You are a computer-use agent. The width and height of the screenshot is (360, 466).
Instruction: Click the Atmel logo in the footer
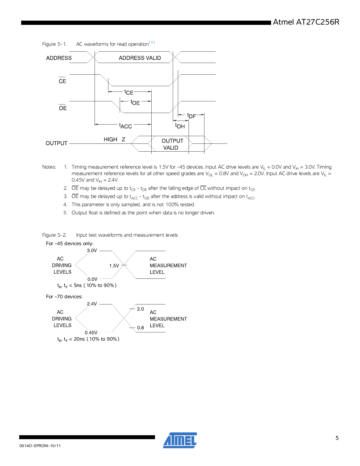(180, 440)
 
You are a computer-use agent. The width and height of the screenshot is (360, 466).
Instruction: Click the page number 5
(337, 438)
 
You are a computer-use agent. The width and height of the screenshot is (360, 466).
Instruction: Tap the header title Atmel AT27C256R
(306, 22)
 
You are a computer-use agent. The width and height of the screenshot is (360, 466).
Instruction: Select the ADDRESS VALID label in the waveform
(140, 58)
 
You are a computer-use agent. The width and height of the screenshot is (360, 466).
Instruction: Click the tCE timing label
(129, 92)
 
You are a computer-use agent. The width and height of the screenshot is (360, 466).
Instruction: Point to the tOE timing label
(135, 102)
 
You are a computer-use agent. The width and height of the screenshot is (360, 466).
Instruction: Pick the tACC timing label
(126, 126)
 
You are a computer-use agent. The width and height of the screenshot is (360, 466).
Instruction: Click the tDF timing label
(191, 116)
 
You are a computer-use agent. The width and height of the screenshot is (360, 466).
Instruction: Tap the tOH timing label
(180, 126)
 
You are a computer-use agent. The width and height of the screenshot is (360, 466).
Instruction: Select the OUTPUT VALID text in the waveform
(172, 144)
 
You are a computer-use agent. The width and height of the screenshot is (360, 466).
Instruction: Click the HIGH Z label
(114, 140)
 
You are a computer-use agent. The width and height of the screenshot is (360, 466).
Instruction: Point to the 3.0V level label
(92, 251)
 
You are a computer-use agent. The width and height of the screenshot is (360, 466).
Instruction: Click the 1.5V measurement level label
(114, 266)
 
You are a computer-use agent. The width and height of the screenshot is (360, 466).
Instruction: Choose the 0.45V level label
(91, 333)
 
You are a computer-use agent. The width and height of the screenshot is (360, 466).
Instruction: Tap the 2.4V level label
(92, 304)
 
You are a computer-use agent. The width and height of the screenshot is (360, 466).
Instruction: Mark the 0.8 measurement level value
(140, 328)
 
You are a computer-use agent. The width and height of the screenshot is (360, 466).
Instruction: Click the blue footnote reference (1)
(152, 43)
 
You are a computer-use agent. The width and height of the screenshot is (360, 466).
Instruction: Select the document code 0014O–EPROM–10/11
(40, 446)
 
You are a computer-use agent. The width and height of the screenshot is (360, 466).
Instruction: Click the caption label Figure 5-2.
(54, 235)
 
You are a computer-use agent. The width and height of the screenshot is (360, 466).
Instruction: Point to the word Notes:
(49, 167)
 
